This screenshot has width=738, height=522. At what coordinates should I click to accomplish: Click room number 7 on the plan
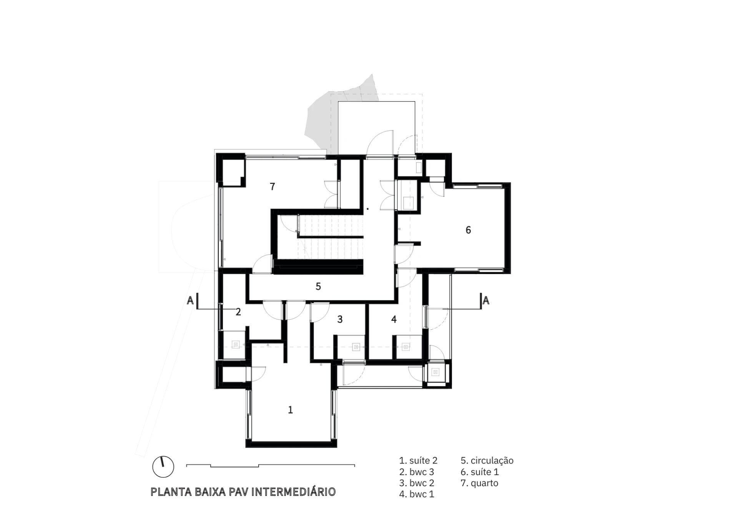click(x=273, y=187)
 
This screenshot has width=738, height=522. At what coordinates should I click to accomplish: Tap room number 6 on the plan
click(x=468, y=230)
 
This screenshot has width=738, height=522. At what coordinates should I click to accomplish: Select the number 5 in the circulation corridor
click(x=318, y=287)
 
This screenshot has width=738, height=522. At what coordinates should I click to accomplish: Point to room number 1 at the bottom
click(x=291, y=410)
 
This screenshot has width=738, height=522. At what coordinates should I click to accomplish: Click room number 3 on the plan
click(x=340, y=319)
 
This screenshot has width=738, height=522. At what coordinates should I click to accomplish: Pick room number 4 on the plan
click(x=394, y=319)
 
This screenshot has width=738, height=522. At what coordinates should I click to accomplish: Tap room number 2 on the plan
click(x=238, y=312)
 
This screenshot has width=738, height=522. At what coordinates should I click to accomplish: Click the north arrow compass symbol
click(x=163, y=467)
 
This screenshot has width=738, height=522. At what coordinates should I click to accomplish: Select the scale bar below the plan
click(x=271, y=466)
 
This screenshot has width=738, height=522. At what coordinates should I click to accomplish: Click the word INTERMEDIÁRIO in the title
click(x=293, y=492)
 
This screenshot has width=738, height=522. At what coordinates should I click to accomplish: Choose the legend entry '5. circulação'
click(x=487, y=461)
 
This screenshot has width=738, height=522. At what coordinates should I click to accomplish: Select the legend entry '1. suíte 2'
click(x=418, y=460)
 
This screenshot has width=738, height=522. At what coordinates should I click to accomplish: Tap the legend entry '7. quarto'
click(x=479, y=484)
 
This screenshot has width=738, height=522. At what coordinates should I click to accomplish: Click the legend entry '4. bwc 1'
click(x=417, y=494)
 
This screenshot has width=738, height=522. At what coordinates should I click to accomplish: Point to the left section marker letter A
click(x=190, y=300)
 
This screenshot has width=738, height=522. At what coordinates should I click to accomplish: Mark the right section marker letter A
click(x=486, y=300)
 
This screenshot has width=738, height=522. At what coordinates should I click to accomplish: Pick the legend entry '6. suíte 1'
click(x=480, y=472)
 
